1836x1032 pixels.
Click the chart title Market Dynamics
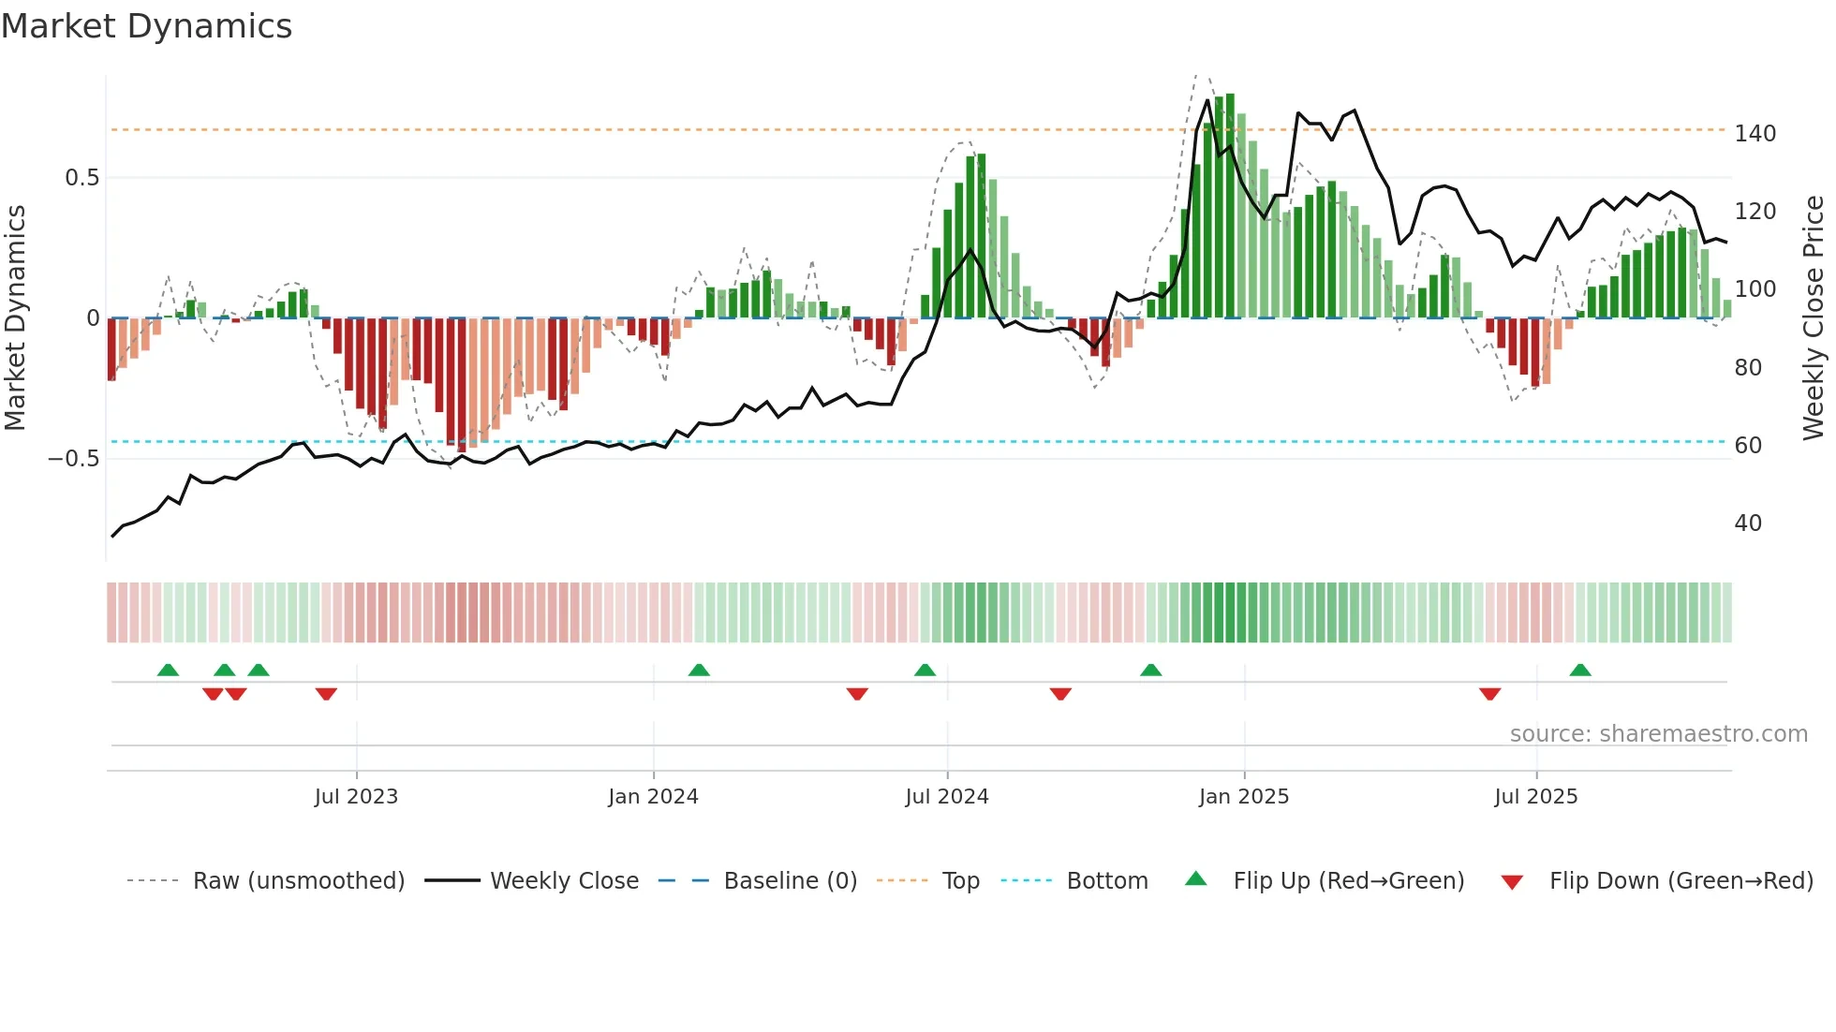pos(146,26)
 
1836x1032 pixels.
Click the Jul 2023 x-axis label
pos(356,797)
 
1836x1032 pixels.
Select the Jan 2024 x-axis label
pos(653,797)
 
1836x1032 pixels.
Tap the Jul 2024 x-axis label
pos(947,797)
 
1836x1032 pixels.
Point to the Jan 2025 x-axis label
pos(1244,797)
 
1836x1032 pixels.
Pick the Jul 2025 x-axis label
pos(1536,797)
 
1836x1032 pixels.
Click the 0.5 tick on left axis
pos(82,178)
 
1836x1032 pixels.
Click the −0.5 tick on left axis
pos(74,459)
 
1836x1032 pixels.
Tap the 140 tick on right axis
pos(1755,134)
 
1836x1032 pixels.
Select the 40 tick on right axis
pos(1748,523)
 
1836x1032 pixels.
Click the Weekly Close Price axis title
pos(1814,318)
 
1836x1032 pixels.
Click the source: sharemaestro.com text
pos(1658,734)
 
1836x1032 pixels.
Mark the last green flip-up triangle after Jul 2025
pos(1580,671)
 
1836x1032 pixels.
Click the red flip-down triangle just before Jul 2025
pos(1490,694)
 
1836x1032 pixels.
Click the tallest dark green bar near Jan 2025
pos(1230,206)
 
